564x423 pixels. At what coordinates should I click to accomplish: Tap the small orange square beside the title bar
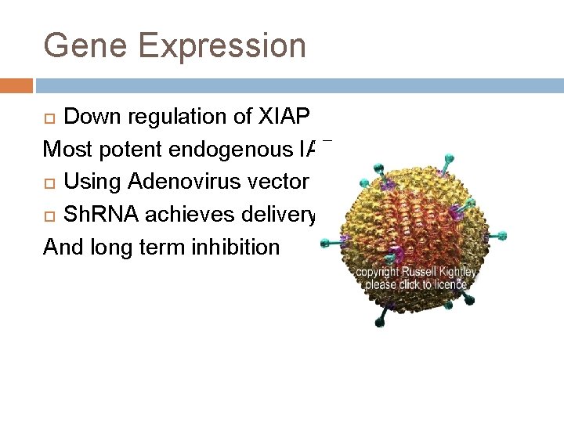coord(16,85)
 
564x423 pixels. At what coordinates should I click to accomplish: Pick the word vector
coord(277,182)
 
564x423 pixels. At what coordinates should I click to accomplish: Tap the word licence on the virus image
coord(446,284)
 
